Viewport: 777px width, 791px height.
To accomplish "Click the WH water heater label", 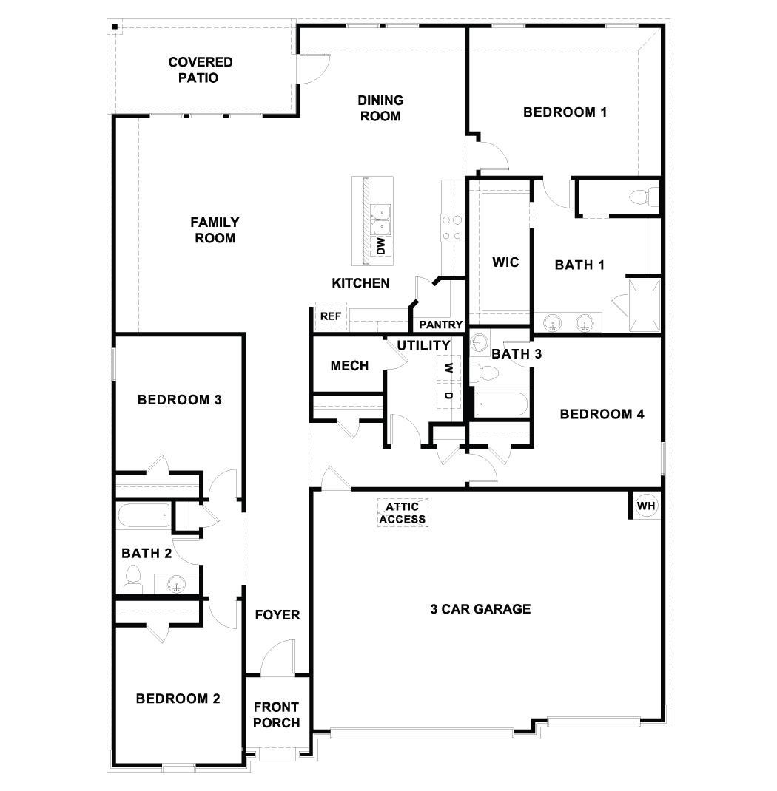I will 646,506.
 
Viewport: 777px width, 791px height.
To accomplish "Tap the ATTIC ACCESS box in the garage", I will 403,512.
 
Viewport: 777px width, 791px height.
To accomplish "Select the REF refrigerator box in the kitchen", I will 330,316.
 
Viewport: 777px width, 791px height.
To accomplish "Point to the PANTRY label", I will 441,325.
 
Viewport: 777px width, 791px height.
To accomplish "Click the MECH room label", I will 349,365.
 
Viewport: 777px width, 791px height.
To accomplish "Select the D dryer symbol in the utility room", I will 448,395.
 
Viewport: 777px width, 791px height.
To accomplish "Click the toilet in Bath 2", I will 134,577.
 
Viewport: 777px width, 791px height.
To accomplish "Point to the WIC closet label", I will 505,262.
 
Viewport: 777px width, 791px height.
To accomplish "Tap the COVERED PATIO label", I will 199,69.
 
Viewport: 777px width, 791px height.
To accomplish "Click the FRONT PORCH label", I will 277,715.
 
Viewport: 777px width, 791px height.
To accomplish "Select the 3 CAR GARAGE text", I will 480,609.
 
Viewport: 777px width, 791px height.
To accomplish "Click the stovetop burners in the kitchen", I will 451,228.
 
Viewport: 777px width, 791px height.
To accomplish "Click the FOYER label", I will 277,614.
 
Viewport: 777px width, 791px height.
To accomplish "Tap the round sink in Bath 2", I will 177,585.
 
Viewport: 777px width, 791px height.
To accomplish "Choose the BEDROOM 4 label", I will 602,414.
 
